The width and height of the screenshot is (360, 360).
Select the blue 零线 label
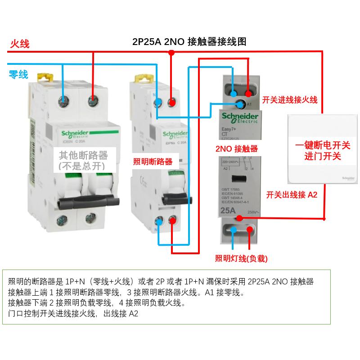click(x=18, y=74)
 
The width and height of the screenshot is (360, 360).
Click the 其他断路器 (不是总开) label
click(x=83, y=160)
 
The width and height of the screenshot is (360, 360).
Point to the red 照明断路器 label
click(x=153, y=162)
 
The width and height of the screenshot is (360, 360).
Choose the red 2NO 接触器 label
click(x=237, y=149)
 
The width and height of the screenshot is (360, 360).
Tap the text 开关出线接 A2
click(x=292, y=194)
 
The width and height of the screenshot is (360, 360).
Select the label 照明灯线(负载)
click(x=242, y=258)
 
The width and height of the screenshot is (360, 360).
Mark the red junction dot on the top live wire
click(x=171, y=53)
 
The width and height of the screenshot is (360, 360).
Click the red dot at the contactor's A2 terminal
click(x=239, y=218)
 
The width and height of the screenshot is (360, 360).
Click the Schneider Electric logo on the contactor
click(x=239, y=118)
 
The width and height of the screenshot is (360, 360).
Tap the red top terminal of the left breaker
click(x=93, y=99)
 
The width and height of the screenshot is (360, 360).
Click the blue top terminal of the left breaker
click(x=64, y=99)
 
